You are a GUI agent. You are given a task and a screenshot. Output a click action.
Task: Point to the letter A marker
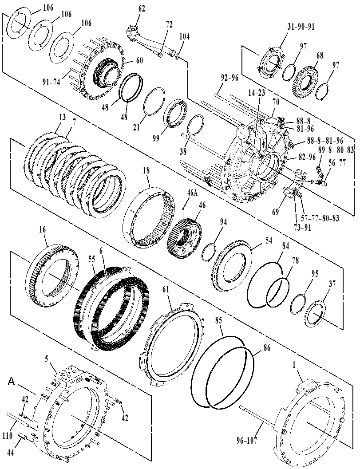(x=12, y=381)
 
